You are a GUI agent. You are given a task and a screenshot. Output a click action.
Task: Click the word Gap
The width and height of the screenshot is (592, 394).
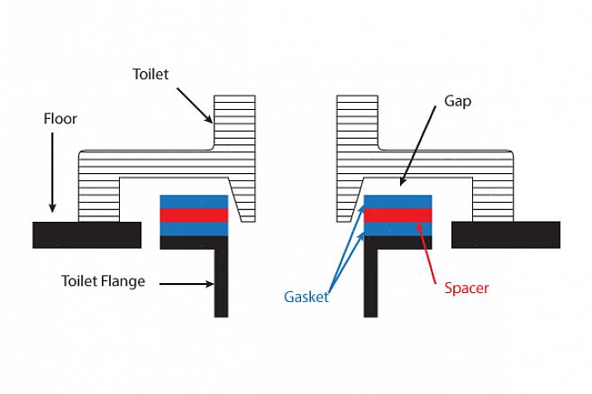point(457,102)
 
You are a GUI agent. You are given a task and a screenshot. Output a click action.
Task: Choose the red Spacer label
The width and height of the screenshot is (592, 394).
point(467,289)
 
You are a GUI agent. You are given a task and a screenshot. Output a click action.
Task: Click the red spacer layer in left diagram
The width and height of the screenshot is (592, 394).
point(194,215)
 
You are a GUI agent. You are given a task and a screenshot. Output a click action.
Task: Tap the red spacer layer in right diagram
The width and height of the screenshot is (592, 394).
point(397,215)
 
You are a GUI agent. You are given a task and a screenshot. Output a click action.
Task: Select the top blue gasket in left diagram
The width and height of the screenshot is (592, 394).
point(194,201)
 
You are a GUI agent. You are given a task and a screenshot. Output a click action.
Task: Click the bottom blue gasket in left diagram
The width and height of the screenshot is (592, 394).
point(194,229)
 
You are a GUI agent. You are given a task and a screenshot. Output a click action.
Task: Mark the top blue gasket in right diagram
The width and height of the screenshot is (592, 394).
point(397,201)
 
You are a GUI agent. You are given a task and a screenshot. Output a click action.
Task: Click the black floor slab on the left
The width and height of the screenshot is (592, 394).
point(87,234)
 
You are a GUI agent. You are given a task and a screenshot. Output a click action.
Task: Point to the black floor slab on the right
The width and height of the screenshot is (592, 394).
point(505,234)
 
